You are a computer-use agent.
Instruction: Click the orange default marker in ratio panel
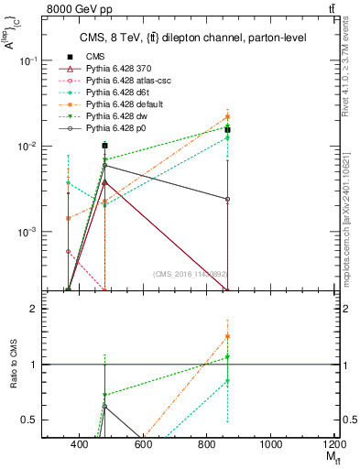[x=227, y=336]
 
